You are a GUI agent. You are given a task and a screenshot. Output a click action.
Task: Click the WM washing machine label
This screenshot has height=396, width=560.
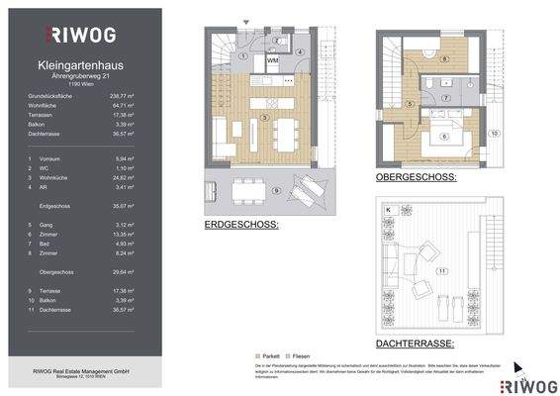coord(273,61)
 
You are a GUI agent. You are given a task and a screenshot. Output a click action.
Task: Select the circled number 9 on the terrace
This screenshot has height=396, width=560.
coord(277,188)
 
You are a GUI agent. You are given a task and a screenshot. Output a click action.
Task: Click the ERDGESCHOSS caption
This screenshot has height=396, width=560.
coord(240,226)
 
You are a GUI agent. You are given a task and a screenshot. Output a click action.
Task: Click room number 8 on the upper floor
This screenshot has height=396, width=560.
coord(444,59)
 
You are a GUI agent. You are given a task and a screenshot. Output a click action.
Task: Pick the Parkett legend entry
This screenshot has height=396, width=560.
coord(267,353)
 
